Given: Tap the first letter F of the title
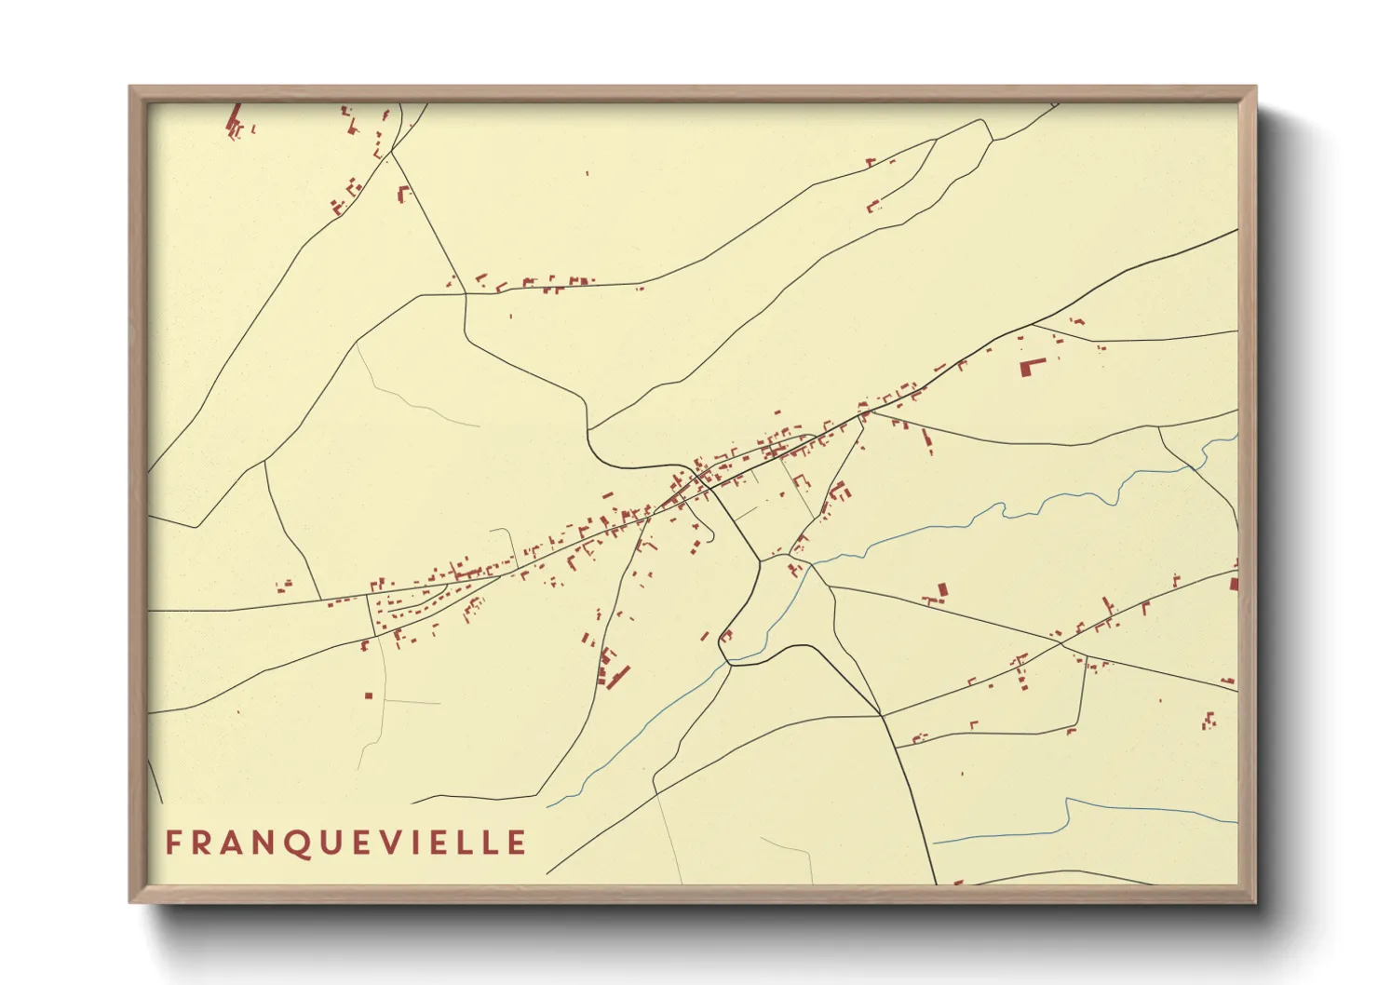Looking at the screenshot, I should tap(172, 843).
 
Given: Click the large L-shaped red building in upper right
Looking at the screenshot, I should tap(1030, 366).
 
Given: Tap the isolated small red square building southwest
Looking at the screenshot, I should tap(369, 695).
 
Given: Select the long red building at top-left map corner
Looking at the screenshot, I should tap(234, 119).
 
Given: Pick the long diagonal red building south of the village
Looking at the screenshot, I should tap(618, 675).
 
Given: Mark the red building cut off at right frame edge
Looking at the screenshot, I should tap(1234, 584).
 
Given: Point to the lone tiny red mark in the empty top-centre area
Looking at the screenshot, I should tap(588, 172).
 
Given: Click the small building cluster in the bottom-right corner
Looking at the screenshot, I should tap(1209, 720).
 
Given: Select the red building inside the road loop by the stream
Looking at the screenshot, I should tap(726, 636).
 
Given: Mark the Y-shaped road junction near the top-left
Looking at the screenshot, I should tap(391, 153).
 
